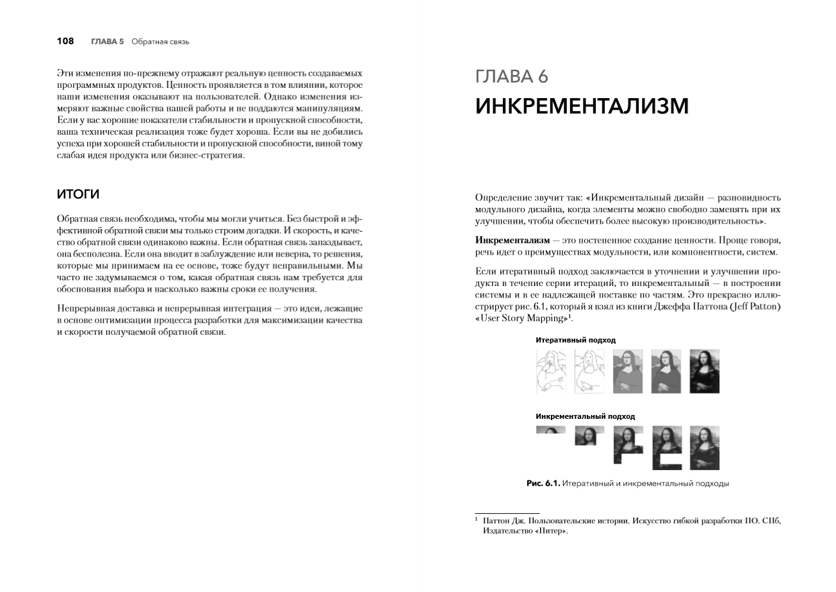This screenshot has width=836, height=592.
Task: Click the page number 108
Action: pos(65,42)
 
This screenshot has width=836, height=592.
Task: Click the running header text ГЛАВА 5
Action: pos(107,42)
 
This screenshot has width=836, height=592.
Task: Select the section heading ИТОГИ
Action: pos(78,194)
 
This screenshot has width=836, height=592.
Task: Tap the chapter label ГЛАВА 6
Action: pos(512,77)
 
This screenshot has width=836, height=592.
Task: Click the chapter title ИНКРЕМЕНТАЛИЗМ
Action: pos(582,106)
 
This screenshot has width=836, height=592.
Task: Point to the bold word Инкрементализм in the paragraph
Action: pos(512,240)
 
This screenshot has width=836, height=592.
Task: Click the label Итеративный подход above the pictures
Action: pos(575,340)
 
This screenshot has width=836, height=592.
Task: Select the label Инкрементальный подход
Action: pos(585,416)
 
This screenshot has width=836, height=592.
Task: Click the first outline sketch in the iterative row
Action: pos(550,371)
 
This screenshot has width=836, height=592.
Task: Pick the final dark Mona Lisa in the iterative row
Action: pos(704,371)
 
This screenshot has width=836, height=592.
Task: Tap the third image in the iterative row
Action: pos(627,371)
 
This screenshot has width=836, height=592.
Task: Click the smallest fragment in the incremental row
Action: pos(550,430)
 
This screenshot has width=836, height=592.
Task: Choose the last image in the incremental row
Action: pos(704,448)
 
